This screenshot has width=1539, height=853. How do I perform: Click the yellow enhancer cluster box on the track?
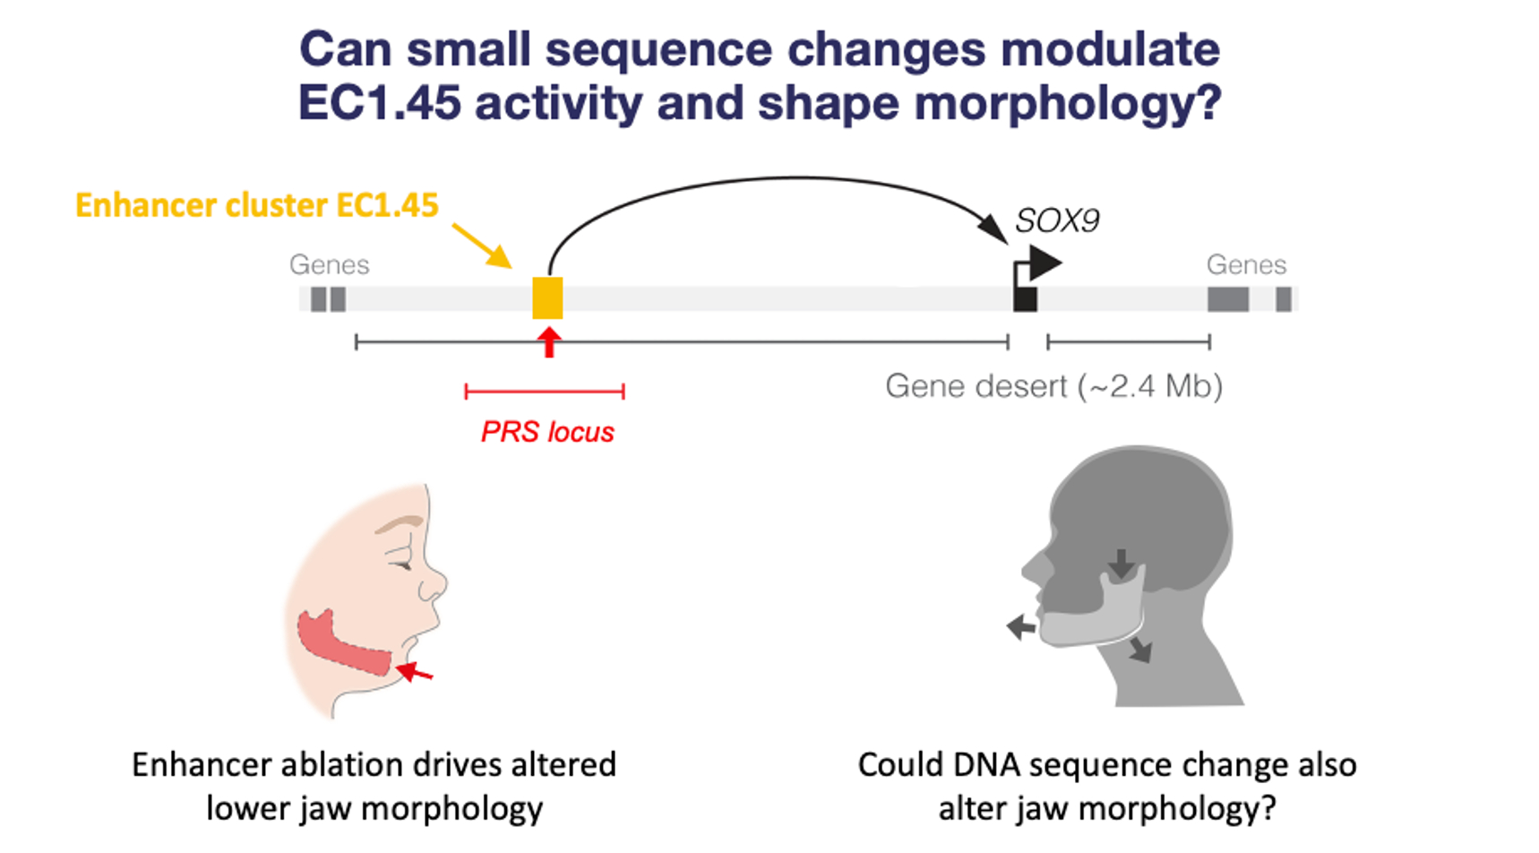[547, 297]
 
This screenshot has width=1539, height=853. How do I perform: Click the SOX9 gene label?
[1056, 221]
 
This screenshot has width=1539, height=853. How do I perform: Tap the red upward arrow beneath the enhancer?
[549, 342]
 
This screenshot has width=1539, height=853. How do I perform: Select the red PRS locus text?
[547, 432]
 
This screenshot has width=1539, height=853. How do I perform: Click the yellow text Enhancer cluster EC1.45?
[257, 205]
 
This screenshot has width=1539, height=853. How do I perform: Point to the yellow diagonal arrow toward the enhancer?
[482, 245]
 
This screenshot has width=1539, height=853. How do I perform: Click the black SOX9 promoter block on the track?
[1025, 298]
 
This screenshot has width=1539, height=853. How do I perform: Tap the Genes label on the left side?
[329, 264]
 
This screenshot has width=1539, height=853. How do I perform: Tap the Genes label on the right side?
[1246, 264]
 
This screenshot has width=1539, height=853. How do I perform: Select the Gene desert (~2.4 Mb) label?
[1053, 386]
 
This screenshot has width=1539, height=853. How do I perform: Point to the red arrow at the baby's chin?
[415, 671]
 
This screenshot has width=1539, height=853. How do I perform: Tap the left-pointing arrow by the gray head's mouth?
[1021, 627]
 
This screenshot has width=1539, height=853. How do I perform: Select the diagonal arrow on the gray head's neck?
[1139, 649]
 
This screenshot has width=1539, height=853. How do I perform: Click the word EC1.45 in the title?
[381, 103]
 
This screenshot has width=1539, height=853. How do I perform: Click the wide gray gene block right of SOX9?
[1228, 299]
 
